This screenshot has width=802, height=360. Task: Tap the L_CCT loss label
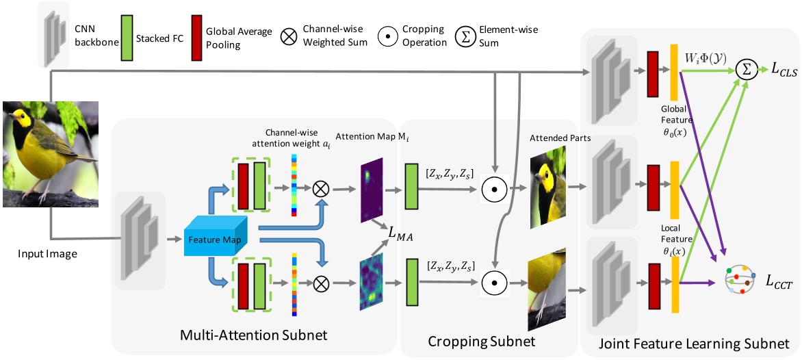[x=778, y=282]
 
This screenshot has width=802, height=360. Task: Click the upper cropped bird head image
[x=548, y=190]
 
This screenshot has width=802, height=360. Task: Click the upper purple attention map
[x=372, y=189]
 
